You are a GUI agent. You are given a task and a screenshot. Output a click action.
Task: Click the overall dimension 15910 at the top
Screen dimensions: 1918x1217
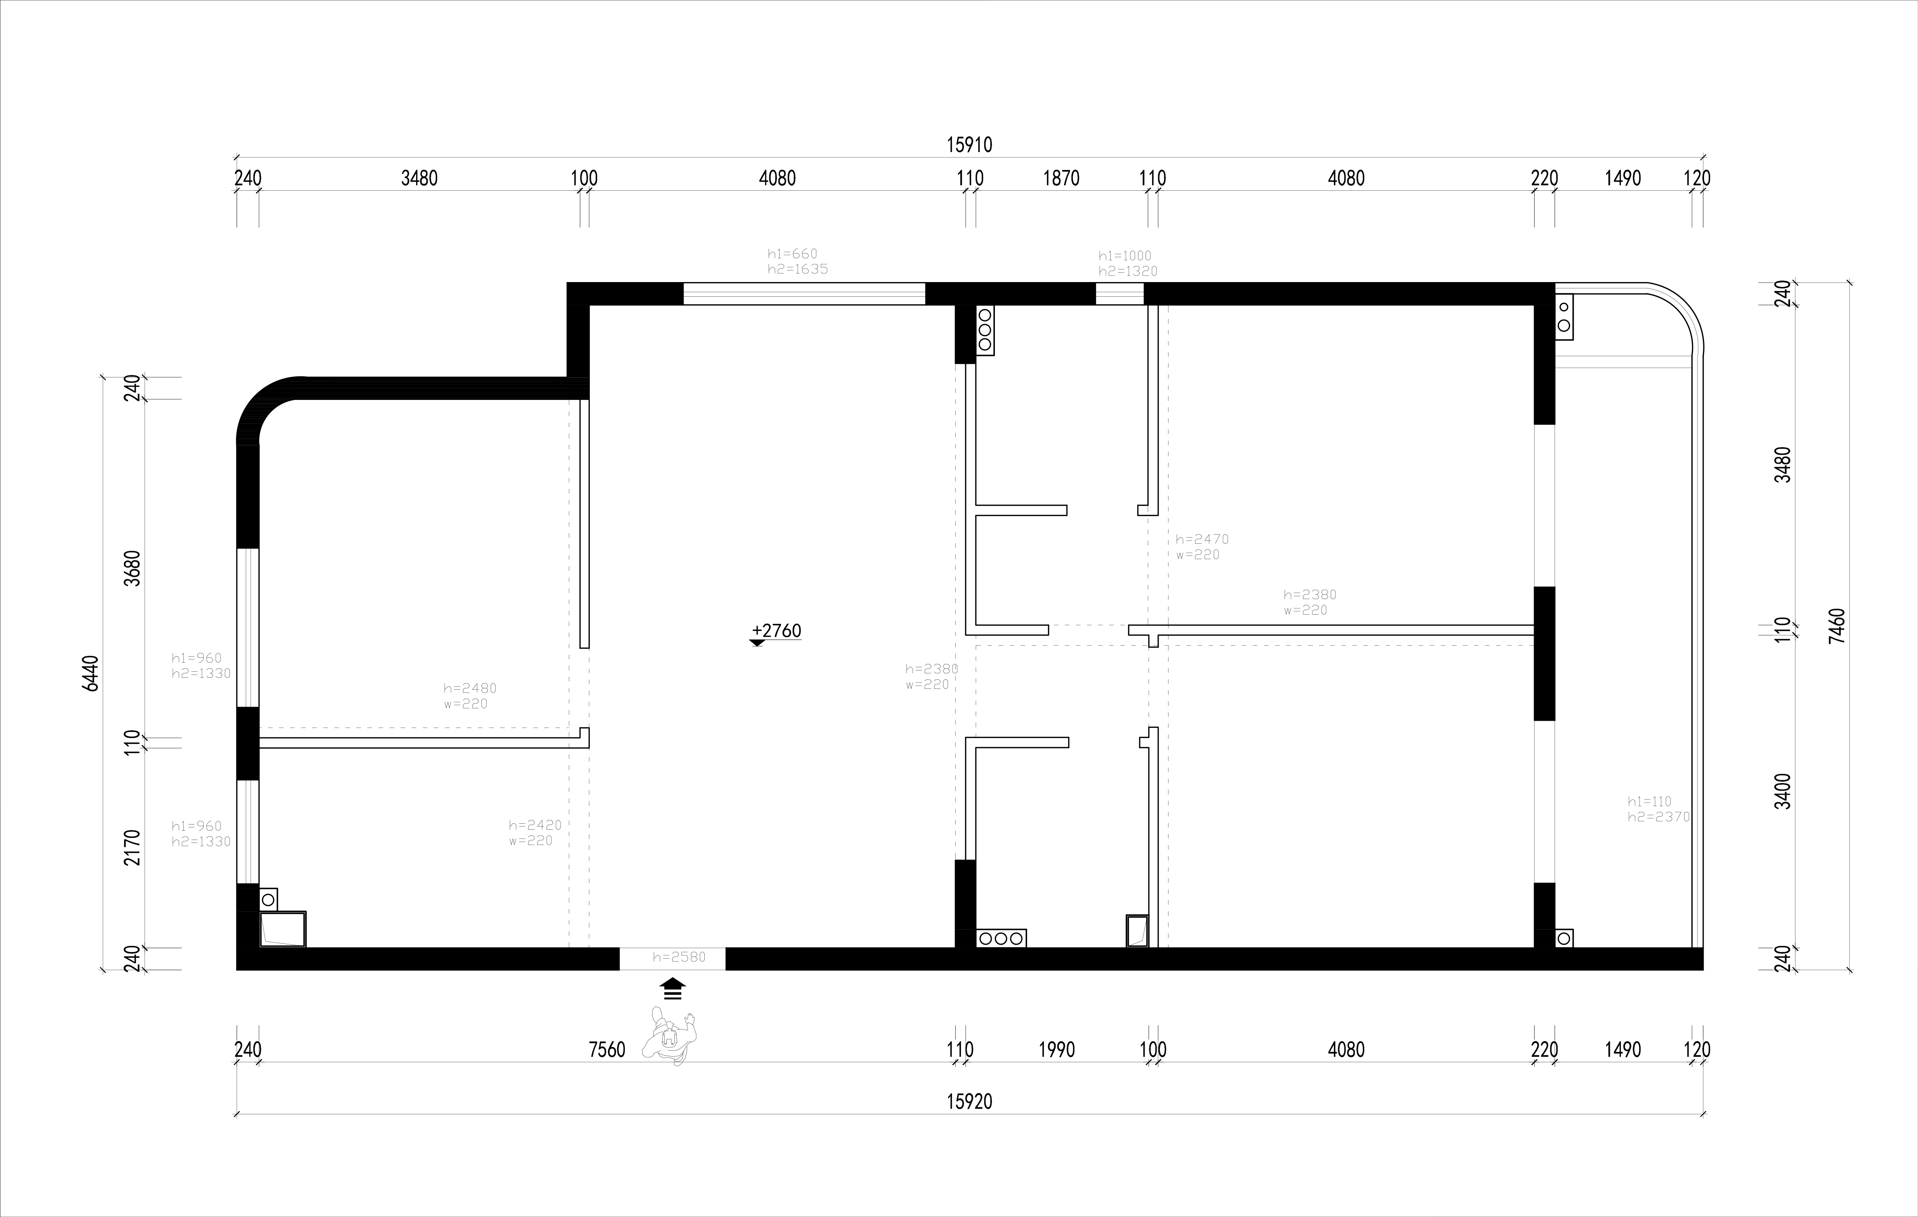(x=969, y=145)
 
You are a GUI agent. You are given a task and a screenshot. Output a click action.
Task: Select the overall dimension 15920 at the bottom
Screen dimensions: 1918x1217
(x=969, y=1102)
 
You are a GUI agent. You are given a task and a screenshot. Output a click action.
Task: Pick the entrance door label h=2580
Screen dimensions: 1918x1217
(x=679, y=957)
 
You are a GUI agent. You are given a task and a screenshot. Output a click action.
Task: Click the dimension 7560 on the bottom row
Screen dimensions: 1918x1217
(x=607, y=1050)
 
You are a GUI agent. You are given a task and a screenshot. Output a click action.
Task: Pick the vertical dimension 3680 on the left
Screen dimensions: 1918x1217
(x=133, y=568)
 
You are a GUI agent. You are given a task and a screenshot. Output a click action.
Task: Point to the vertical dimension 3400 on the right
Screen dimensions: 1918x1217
(x=1783, y=791)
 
